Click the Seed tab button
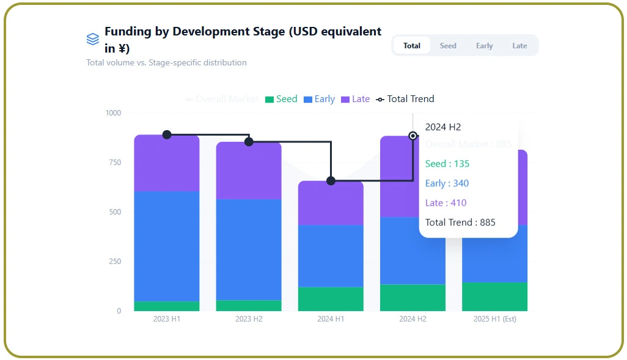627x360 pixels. click(448, 46)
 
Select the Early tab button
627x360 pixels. click(484, 46)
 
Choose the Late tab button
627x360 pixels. click(519, 46)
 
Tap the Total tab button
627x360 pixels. click(412, 46)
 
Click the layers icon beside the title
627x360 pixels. click(92, 39)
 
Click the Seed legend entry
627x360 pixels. click(281, 99)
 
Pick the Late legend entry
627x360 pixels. click(355, 99)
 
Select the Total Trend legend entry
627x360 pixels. click(405, 99)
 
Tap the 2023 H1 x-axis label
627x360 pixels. click(167, 319)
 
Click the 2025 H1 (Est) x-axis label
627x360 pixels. click(494, 319)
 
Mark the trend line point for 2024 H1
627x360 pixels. click(331, 181)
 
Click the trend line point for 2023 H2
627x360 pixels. click(249, 142)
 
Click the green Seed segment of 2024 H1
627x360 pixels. click(331, 299)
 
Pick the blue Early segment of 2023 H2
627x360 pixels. click(249, 249)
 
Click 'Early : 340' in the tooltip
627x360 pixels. click(447, 183)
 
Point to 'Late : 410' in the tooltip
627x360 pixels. click(446, 203)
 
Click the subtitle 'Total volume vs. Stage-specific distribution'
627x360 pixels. click(166, 63)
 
